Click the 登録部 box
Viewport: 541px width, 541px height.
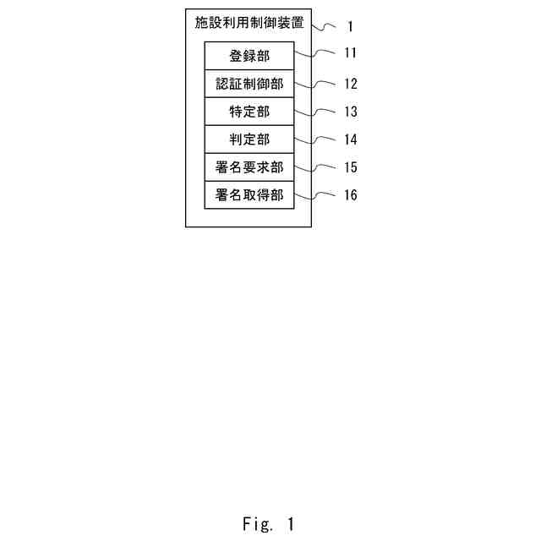pyautogui.click(x=249, y=56)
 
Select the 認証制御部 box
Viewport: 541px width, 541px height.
pyautogui.click(x=249, y=84)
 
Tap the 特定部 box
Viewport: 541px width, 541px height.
pyautogui.click(x=249, y=112)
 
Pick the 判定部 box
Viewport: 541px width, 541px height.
pyautogui.click(x=249, y=139)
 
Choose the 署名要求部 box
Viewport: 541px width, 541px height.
pyautogui.click(x=249, y=167)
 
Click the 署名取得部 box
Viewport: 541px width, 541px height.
pyautogui.click(x=249, y=195)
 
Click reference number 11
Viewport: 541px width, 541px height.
pyautogui.click(x=351, y=53)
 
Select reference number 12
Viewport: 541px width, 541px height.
pyautogui.click(x=351, y=84)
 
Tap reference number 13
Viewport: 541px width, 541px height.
pyautogui.click(x=351, y=112)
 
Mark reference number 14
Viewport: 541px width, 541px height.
pyautogui.click(x=351, y=139)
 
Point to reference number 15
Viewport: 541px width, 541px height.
pyautogui.click(x=351, y=167)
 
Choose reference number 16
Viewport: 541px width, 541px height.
pyautogui.click(x=351, y=195)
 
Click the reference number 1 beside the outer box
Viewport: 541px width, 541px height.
pyautogui.click(x=350, y=26)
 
